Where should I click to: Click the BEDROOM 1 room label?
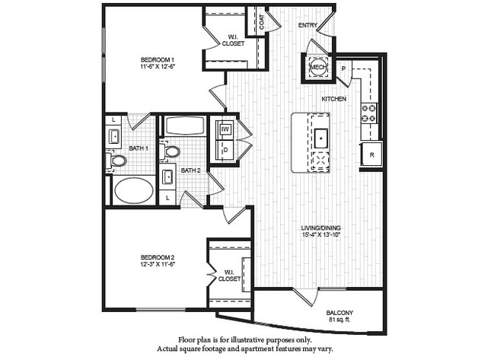[x=158, y=59]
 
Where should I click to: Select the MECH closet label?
[x=317, y=68]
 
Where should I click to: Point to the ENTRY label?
[x=308, y=25]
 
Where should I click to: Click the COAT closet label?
[x=262, y=23]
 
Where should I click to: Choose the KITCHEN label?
[x=334, y=100]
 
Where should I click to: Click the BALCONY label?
[x=339, y=313]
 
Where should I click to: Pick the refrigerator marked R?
[x=371, y=155]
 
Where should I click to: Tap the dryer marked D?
[x=226, y=150]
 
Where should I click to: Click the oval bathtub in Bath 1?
[x=133, y=190]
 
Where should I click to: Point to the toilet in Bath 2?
[x=172, y=151]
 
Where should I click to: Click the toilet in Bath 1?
[x=119, y=161]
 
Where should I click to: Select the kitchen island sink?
[x=321, y=139]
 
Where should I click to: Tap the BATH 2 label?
[x=190, y=170]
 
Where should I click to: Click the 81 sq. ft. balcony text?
[x=339, y=320]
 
